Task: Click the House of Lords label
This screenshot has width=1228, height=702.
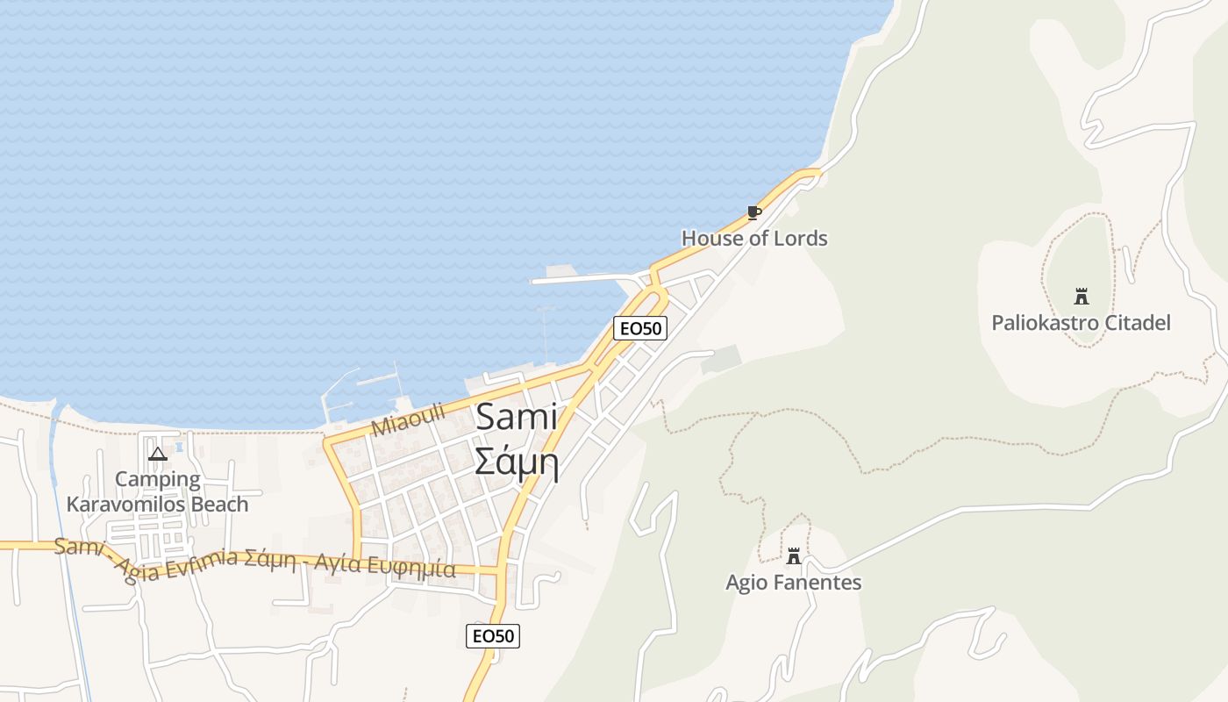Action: (754, 238)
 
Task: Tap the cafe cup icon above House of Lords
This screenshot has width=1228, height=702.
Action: (753, 212)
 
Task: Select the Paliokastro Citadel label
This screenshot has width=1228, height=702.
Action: (1081, 323)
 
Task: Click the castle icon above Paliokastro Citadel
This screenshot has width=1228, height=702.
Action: (1082, 297)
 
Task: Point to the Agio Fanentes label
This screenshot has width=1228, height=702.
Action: (793, 583)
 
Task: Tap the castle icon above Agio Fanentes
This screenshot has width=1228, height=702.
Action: (794, 555)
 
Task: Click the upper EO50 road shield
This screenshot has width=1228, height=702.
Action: (640, 328)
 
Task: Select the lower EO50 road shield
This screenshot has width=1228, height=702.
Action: (493, 636)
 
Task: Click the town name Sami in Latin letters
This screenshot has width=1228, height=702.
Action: (517, 418)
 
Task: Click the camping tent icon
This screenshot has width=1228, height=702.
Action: (158, 454)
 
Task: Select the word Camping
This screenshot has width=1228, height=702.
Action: (158, 479)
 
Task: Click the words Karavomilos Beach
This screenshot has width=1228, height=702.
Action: (158, 505)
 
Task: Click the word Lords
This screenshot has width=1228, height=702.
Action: (796, 238)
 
